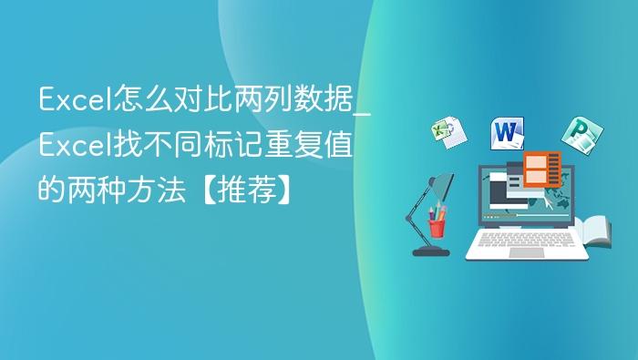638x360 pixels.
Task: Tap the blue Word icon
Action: coord(508,133)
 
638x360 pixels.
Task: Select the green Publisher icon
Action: coord(576,136)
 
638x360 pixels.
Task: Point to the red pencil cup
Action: coord(437,224)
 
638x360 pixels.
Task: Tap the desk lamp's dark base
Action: coord(430,250)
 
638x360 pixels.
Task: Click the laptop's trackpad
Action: coord(527,252)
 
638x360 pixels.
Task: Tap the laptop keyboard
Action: coord(527,239)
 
